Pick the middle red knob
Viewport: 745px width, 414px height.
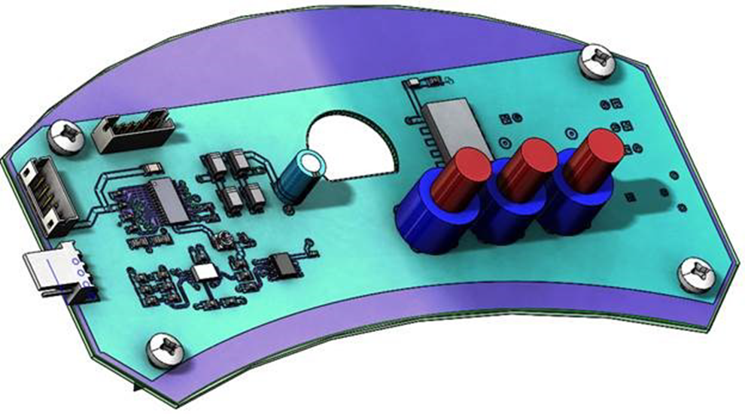point(528,161)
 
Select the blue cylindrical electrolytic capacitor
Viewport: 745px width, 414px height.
point(301,178)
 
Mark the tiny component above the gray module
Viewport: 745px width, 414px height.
point(416,82)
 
